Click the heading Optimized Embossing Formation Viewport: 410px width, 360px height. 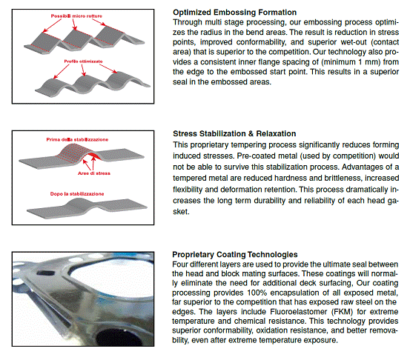point(234,13)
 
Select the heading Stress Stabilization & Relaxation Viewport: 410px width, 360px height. point(234,133)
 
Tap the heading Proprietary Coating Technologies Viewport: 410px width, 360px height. point(235,255)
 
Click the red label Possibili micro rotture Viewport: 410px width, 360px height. point(76,16)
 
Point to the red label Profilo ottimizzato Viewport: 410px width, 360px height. point(83,61)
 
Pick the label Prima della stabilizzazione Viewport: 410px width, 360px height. point(77,139)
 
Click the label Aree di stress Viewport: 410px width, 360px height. point(94,173)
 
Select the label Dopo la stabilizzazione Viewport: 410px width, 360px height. point(77,194)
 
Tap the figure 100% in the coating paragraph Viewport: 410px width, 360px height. point(257,293)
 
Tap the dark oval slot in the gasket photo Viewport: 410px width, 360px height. point(45,273)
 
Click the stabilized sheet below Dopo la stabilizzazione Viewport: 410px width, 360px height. point(87,207)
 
